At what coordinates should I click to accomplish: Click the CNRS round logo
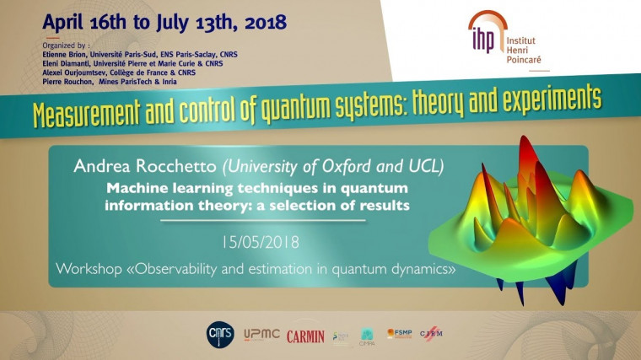click(218, 334)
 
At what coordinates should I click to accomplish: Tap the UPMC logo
click(261, 335)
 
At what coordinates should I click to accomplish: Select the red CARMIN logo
click(305, 336)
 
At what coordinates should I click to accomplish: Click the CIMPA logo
click(367, 336)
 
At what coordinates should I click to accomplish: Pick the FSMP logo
click(399, 334)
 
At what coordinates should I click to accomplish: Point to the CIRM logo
click(431, 335)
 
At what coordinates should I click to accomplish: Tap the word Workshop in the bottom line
click(89, 270)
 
